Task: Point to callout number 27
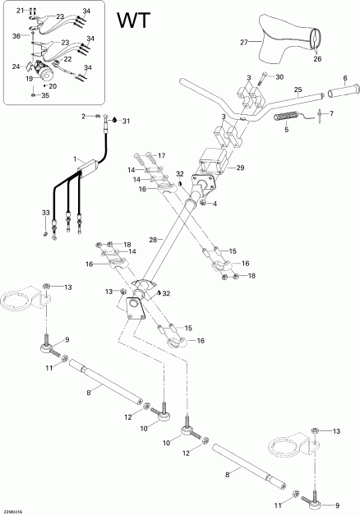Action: coord(243,42)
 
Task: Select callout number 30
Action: coord(279,77)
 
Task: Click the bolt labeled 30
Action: coord(262,80)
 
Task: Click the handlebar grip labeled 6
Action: coord(337,95)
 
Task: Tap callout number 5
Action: coord(286,129)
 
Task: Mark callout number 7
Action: coord(331,113)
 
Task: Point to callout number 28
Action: coord(153,239)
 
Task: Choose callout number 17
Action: coord(161,155)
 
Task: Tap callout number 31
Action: coord(126,121)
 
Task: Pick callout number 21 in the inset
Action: coord(21,9)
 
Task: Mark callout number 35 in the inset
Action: coord(44,96)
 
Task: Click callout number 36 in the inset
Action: coord(16,35)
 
